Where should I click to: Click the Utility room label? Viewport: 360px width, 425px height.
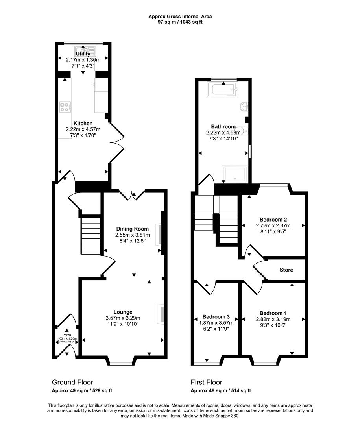pyautogui.click(x=83, y=54)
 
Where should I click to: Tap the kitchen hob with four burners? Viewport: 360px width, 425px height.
pyautogui.click(x=65, y=107)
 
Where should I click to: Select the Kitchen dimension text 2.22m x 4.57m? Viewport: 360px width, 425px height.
pyautogui.click(x=83, y=129)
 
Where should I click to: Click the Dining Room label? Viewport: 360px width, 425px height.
pyautogui.click(x=133, y=229)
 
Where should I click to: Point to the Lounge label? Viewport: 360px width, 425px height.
pyautogui.click(x=123, y=312)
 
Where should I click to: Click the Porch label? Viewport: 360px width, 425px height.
pyautogui.click(x=66, y=335)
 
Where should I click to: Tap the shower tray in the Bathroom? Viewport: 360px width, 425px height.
pyautogui.click(x=235, y=174)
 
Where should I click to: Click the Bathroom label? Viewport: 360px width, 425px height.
pyautogui.click(x=223, y=127)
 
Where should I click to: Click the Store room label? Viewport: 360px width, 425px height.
pyautogui.click(x=286, y=270)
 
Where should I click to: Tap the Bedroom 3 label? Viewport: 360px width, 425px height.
pyautogui.click(x=216, y=317)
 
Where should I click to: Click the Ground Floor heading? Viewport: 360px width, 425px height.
pyautogui.click(x=72, y=382)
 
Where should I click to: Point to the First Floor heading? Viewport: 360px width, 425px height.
pyautogui.click(x=207, y=382)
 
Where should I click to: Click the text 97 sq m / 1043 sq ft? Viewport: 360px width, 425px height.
pyautogui.click(x=180, y=22)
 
